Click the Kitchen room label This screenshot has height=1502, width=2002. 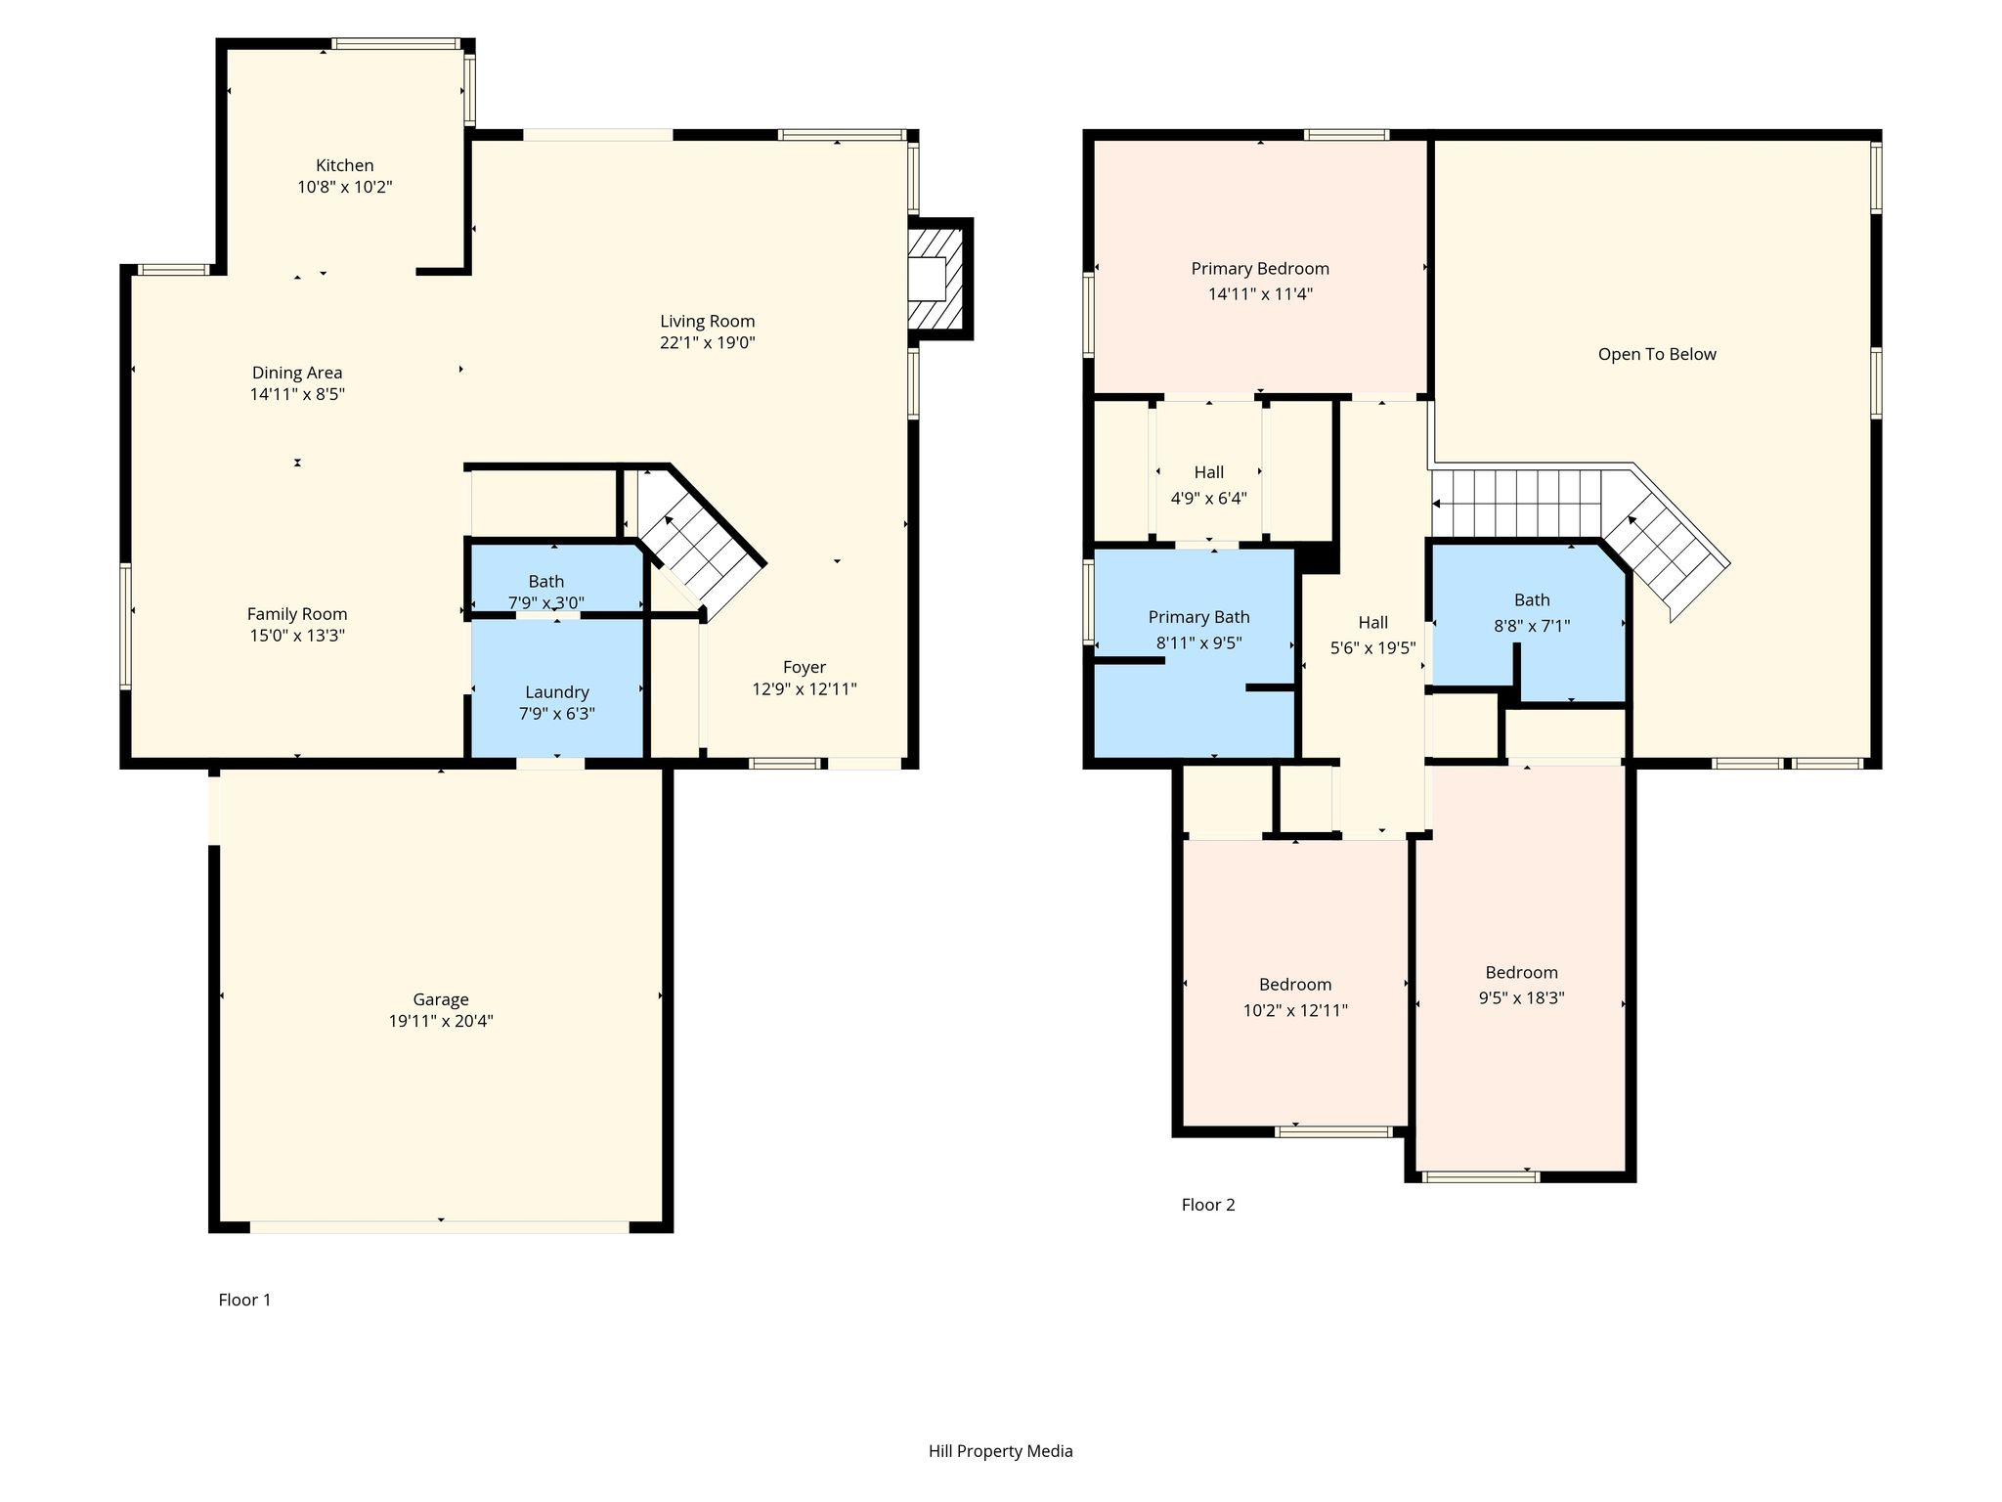point(344,165)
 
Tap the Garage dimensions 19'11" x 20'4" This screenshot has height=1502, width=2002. point(441,1021)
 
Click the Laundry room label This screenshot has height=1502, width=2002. point(557,692)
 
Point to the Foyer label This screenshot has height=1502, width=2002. point(805,667)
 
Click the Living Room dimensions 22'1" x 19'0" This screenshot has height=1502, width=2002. point(708,342)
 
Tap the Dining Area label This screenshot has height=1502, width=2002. point(297,373)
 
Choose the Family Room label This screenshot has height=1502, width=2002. point(297,614)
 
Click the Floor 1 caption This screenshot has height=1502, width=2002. point(244,1300)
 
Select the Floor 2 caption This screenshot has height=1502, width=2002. point(1208,1205)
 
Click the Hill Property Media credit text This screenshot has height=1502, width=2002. point(1001,1451)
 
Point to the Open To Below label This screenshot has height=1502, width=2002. point(1657,354)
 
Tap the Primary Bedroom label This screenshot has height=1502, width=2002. point(1260,269)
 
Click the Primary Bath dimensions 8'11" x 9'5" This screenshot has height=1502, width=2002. point(1199,643)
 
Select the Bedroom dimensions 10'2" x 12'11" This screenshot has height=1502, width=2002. point(1295,1010)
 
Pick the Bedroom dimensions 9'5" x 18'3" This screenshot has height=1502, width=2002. point(1522,998)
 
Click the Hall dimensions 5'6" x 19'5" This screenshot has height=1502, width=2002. point(1373,647)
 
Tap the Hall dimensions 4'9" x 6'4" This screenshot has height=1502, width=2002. point(1209,498)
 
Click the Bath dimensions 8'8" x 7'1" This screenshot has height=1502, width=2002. point(1532,626)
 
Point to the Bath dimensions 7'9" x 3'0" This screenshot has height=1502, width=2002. point(546,602)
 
